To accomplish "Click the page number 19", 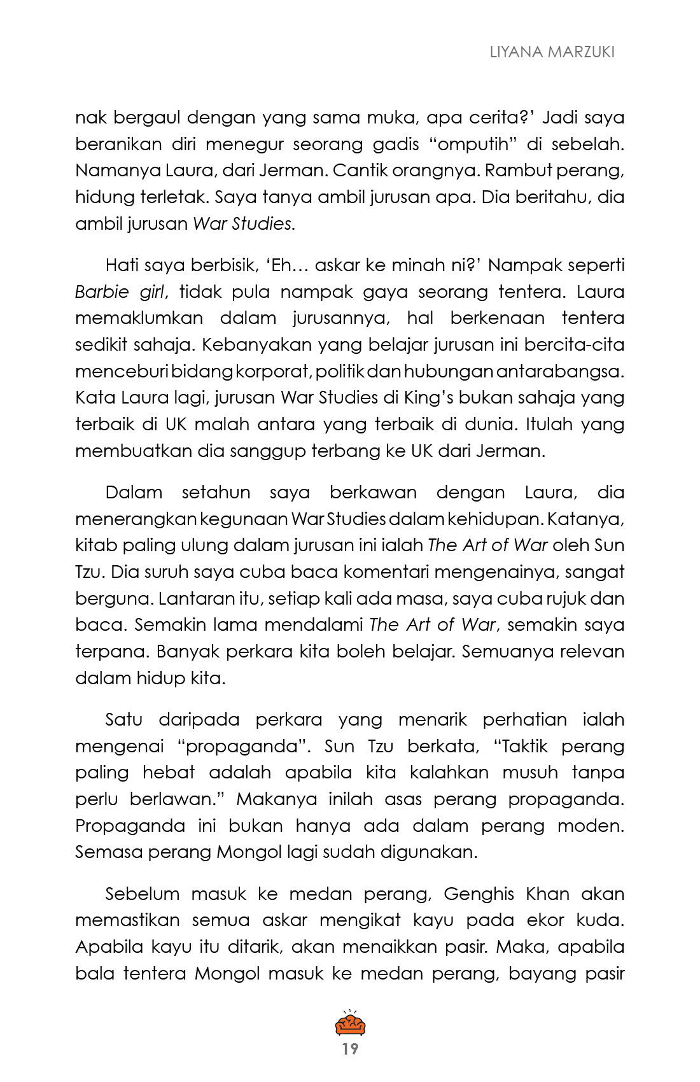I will [350, 1048].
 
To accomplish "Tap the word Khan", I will [547, 894].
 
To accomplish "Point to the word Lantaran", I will [197, 599].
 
